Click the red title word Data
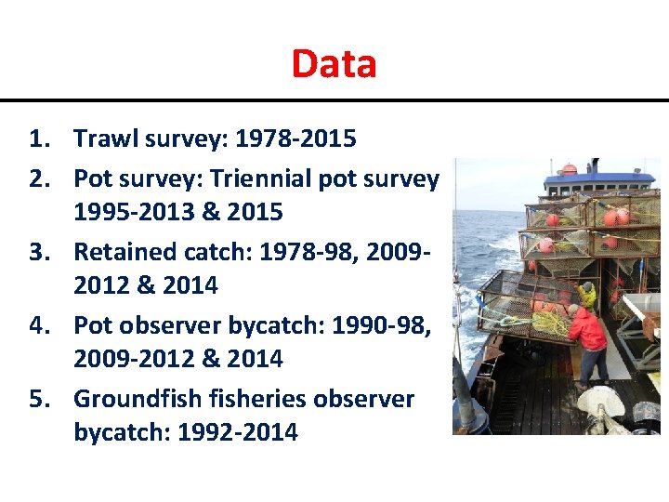[334, 63]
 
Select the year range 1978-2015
[295, 139]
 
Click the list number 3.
[37, 251]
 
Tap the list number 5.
[37, 398]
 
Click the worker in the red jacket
[587, 335]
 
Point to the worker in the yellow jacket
[586, 296]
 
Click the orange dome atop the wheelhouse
[569, 169]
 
